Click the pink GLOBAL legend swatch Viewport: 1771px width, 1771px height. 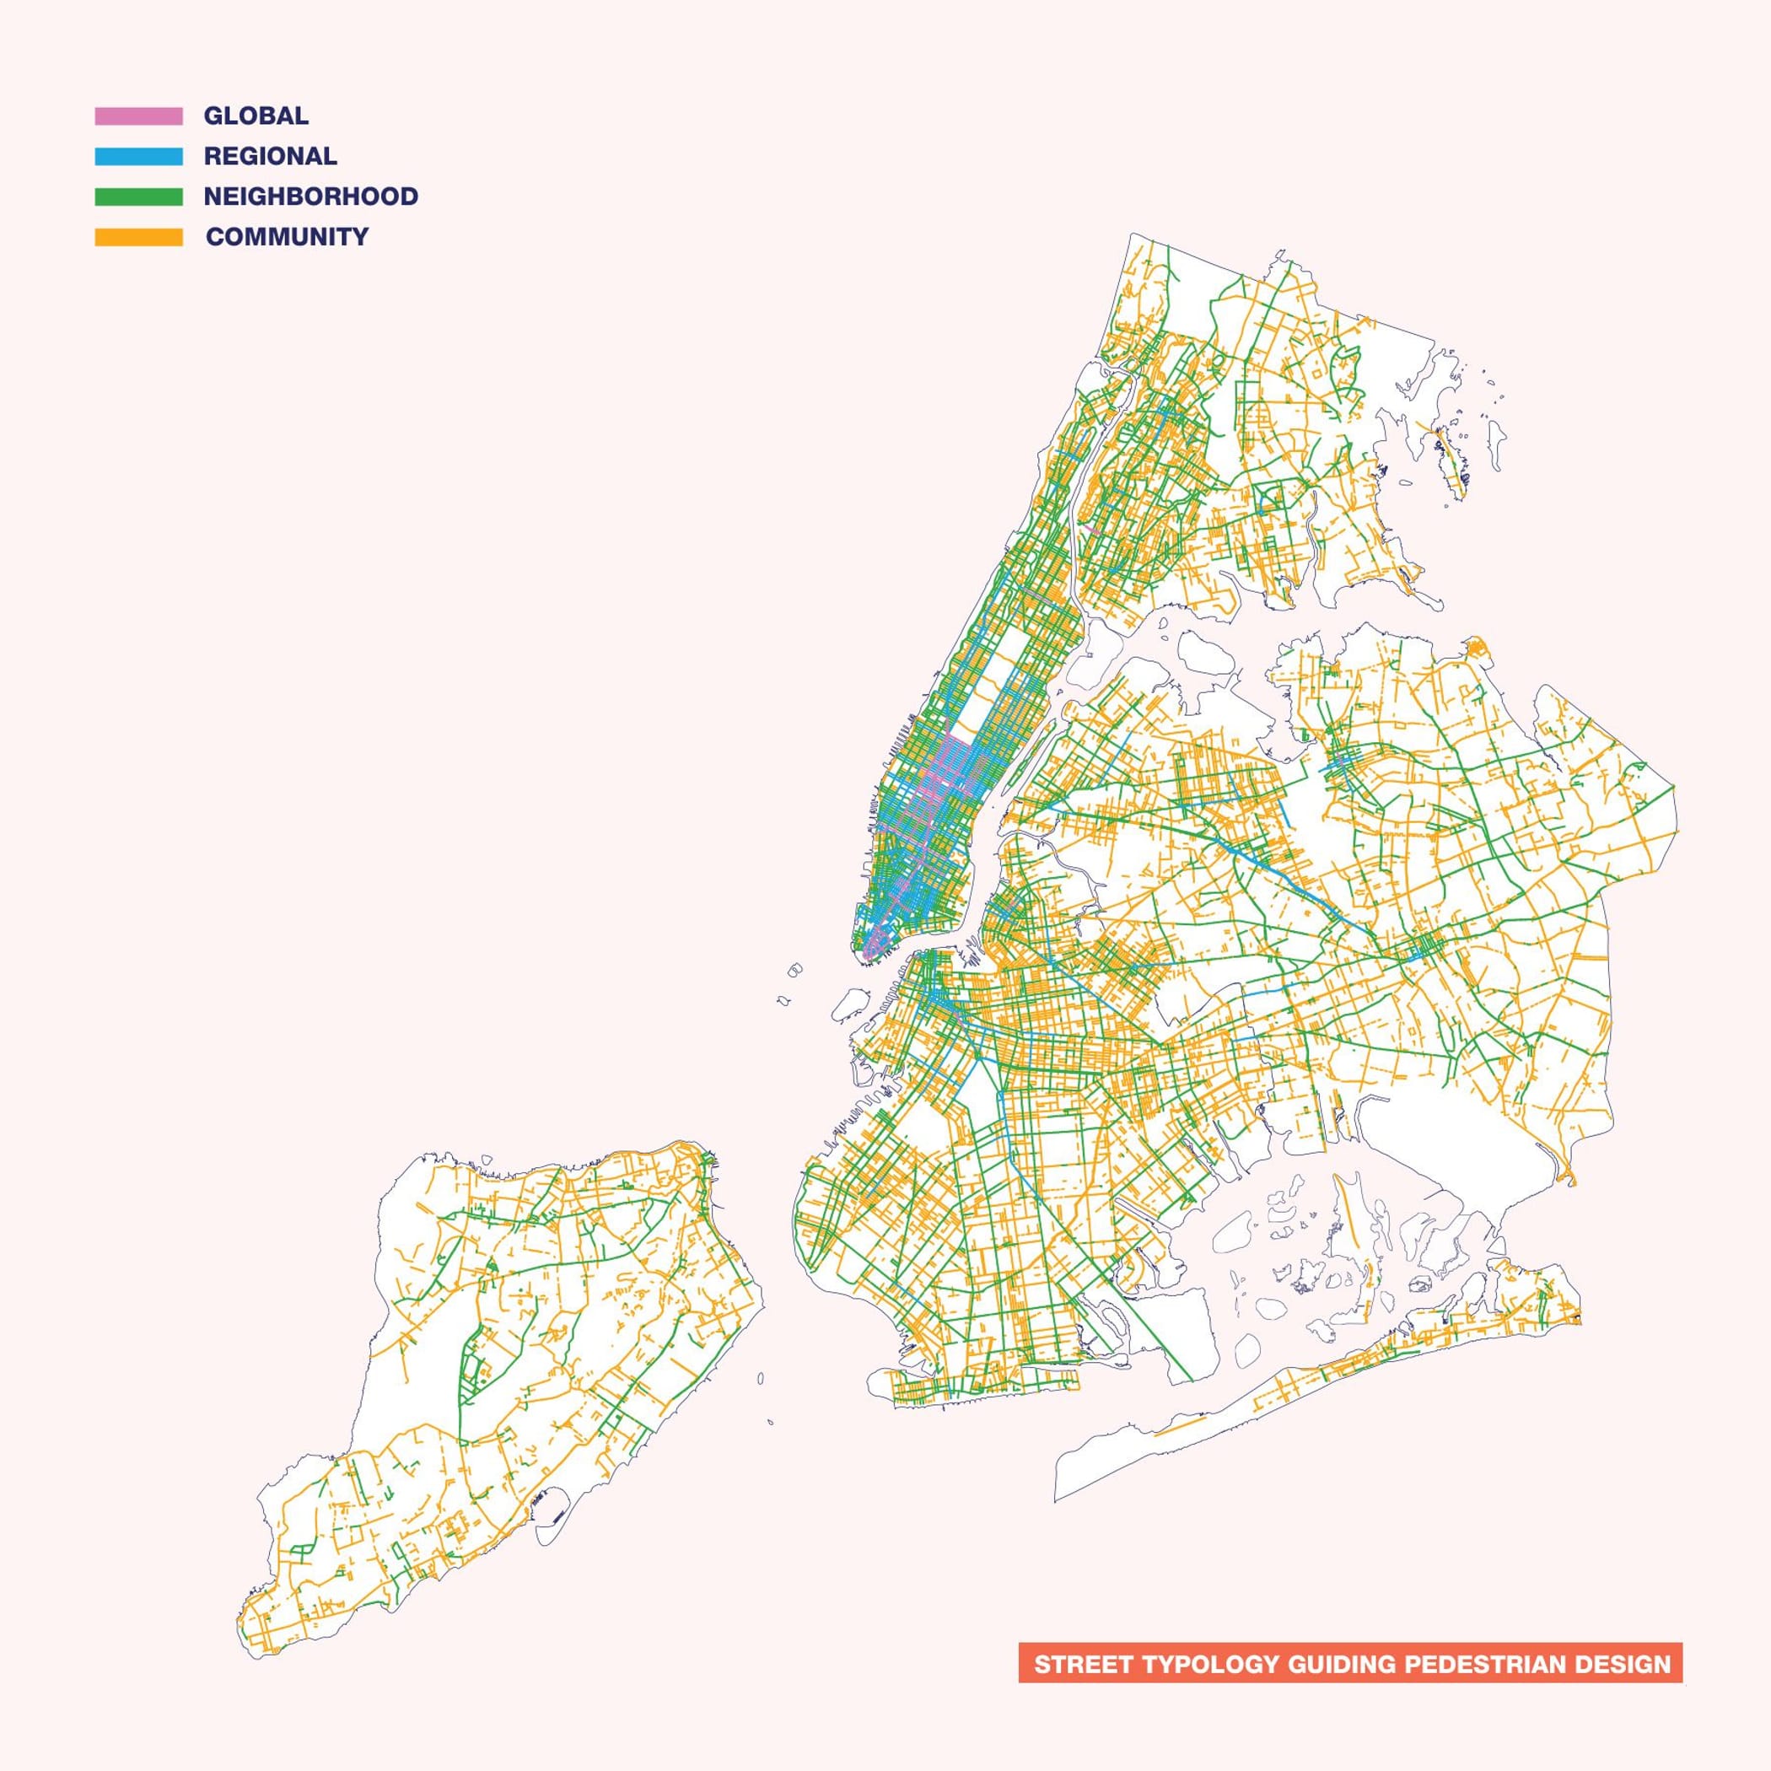click(138, 116)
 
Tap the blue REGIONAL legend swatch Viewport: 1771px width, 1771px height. click(138, 156)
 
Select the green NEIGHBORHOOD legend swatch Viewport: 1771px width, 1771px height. click(138, 196)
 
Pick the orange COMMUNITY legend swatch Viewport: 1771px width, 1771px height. click(138, 236)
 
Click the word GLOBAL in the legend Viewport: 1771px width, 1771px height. click(256, 116)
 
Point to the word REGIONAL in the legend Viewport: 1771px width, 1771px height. click(270, 156)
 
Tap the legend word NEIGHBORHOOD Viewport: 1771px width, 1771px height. click(310, 196)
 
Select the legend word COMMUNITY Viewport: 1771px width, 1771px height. click(287, 236)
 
